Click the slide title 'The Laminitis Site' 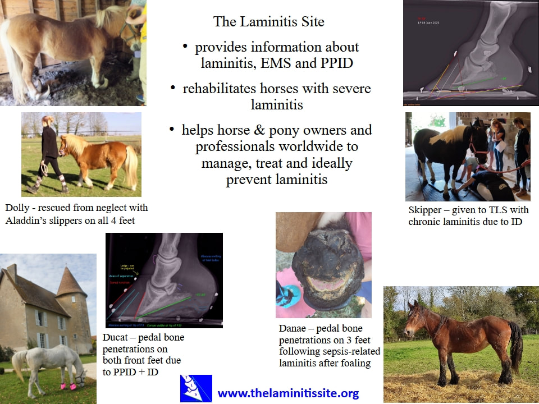click(268, 22)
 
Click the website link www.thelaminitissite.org click(288, 393)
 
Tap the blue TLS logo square click(196, 388)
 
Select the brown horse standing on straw click(460, 342)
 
